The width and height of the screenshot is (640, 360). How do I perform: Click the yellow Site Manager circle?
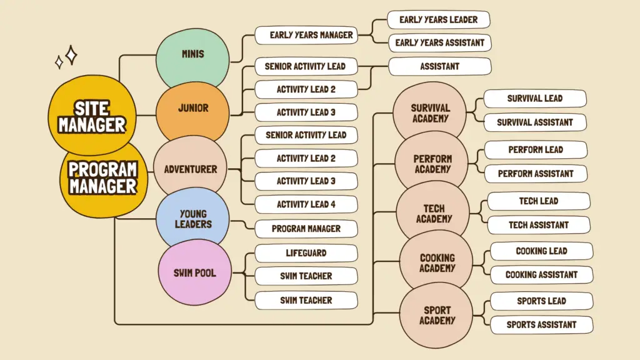(92, 117)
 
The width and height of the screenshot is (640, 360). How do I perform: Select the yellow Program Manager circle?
(103, 177)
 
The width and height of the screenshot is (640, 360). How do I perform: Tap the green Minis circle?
(192, 54)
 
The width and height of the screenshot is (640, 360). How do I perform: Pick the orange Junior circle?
(192, 108)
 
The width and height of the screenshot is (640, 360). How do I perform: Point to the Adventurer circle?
(190, 169)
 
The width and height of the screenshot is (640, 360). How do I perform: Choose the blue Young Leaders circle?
(192, 219)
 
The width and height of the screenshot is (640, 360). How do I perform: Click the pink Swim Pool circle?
(194, 272)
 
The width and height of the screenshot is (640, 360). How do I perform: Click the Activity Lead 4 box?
(306, 204)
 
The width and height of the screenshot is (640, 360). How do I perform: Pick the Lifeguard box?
(306, 253)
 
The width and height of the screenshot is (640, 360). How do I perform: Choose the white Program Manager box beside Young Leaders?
(306, 229)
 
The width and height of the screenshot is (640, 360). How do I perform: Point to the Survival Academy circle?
(430, 112)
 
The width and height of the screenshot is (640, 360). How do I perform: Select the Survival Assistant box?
(534, 122)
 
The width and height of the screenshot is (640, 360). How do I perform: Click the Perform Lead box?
(536, 150)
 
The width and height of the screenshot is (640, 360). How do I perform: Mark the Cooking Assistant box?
(541, 274)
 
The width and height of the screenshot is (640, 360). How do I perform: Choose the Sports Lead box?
(541, 301)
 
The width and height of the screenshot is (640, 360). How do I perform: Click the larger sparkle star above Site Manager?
(71, 55)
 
